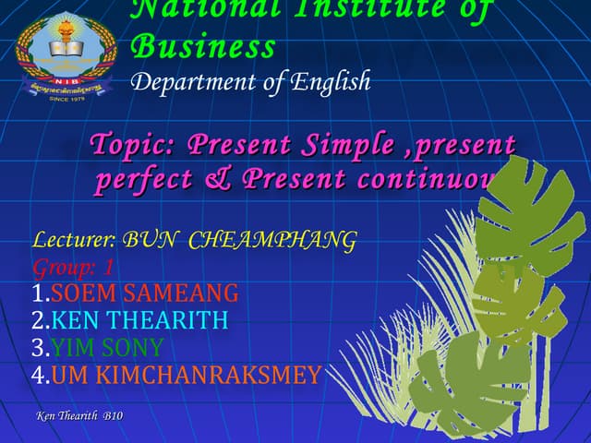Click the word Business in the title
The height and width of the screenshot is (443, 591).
point(203,46)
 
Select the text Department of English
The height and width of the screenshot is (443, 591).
point(250,81)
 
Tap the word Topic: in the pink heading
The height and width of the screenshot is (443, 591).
point(133,146)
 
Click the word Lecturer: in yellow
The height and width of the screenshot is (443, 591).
point(74,242)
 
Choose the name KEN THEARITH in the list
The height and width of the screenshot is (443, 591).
point(139,321)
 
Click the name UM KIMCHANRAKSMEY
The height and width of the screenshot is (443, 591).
point(186,375)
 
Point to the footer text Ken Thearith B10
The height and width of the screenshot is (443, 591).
point(78,417)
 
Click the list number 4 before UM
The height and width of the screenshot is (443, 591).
point(38,375)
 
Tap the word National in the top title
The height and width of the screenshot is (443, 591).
point(190,9)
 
